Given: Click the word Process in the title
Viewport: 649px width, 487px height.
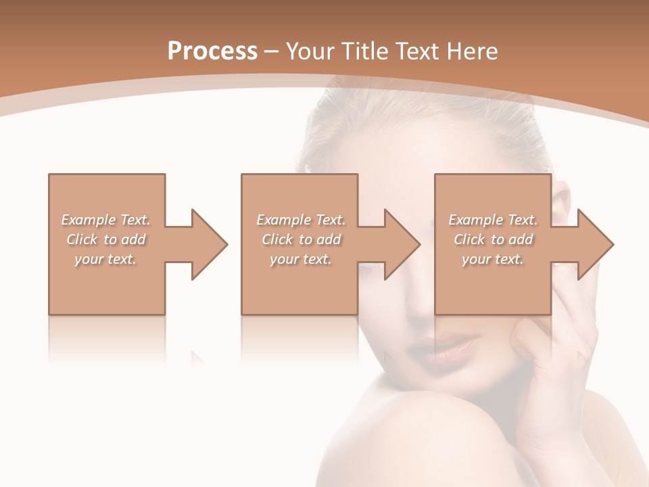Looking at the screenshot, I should coord(212,51).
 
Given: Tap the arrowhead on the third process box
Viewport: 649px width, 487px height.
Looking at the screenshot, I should coord(594,244).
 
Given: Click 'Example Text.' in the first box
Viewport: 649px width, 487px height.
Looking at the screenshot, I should coord(106,220).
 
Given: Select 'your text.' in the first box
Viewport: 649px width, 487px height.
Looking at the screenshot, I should coord(106,259).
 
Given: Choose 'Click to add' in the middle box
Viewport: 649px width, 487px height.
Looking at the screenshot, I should coord(301,239).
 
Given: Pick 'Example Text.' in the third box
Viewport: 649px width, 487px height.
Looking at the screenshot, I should coord(493,220).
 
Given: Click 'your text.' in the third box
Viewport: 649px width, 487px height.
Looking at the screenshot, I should coord(493,259).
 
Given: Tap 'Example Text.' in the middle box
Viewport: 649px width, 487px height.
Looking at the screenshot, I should coord(301,220).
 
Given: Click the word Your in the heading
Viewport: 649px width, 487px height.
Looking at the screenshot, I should coord(308,51).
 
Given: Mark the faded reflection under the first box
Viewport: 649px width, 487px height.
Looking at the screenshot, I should coord(107,338).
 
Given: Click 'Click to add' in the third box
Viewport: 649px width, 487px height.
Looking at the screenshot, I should coord(493,239).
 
